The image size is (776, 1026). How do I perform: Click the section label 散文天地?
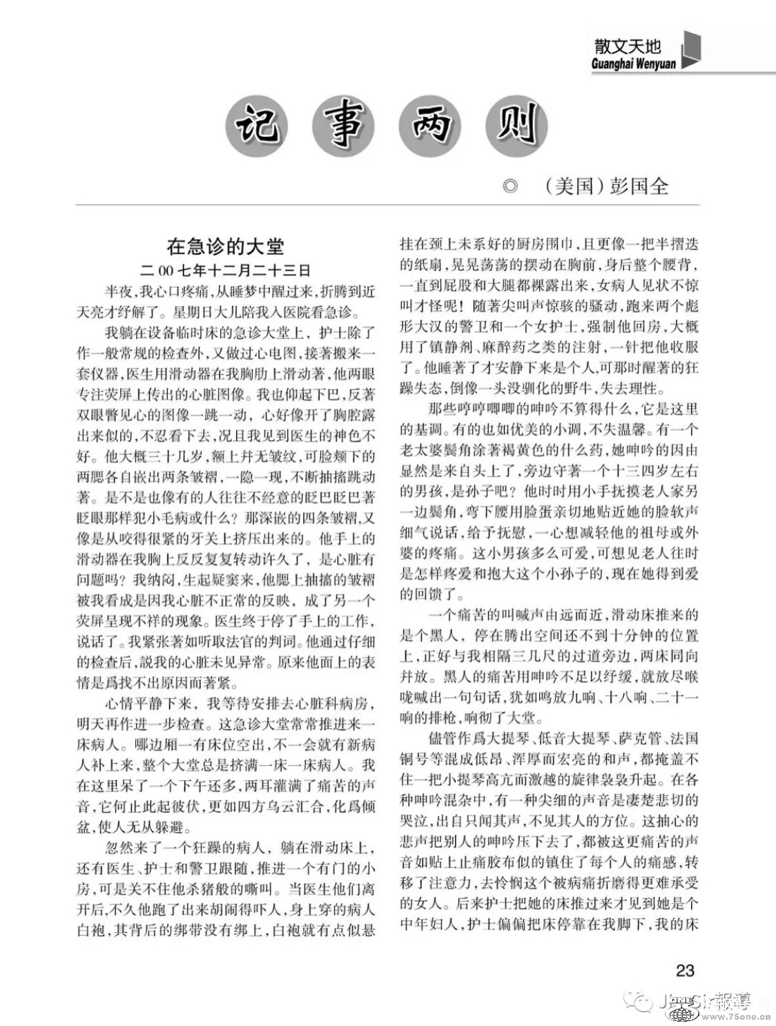(x=628, y=47)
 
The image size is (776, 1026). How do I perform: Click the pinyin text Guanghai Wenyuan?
(x=633, y=64)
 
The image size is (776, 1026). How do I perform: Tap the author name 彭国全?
(x=639, y=186)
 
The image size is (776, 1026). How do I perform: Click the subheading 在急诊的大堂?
(x=226, y=246)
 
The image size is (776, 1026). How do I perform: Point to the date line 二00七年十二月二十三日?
(x=226, y=269)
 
